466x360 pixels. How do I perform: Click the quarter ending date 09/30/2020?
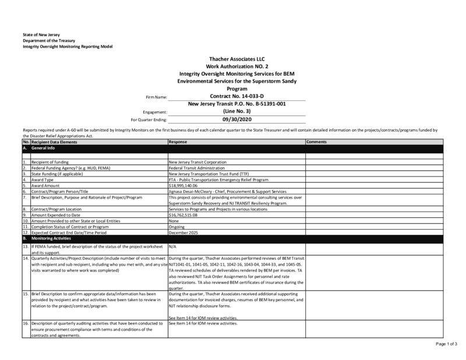(236, 119)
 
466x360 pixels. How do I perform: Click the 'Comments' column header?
(316, 142)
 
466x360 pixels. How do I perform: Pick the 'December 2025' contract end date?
(183, 233)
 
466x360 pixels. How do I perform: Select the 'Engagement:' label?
(155, 111)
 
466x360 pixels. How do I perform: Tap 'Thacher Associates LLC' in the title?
(236, 60)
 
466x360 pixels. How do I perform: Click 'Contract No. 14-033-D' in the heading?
(236, 96)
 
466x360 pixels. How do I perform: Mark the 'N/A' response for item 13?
(172, 246)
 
